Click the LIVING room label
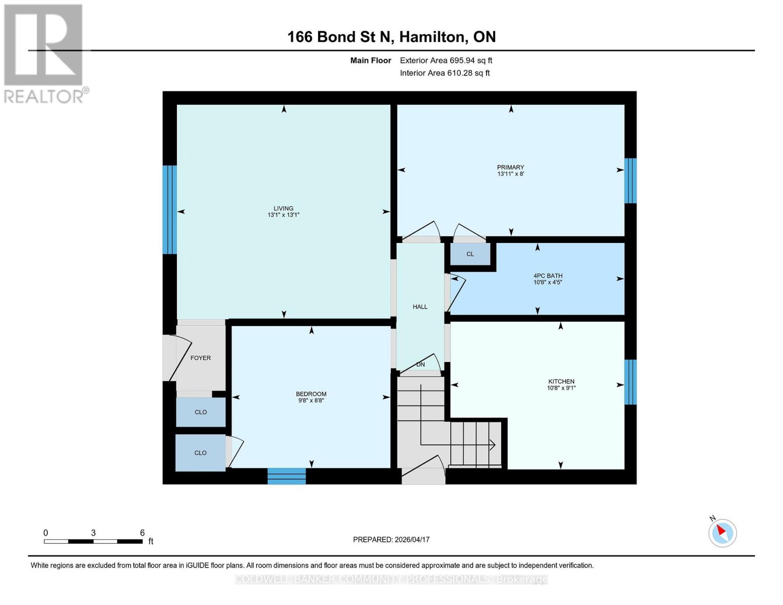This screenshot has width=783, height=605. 283,208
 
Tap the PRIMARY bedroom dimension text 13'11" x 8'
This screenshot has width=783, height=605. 510,174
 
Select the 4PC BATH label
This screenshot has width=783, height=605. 548,276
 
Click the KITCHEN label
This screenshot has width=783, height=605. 561,381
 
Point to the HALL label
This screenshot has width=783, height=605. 420,307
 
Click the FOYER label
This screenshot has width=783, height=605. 200,358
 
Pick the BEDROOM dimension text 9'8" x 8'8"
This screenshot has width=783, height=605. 311,400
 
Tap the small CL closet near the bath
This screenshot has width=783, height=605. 470,254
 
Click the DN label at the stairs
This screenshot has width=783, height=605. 420,365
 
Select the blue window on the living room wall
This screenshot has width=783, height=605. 169,210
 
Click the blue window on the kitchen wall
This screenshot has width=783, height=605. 630,382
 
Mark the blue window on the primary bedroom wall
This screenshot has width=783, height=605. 630,180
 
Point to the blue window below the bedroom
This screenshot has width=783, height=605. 286,476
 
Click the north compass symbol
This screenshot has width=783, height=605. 722,532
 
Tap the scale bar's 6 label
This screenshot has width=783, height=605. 142,533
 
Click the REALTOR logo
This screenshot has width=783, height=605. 44,53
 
